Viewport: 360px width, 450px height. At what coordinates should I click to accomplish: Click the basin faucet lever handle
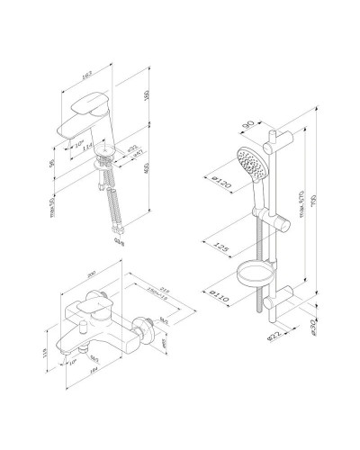[x=90, y=101]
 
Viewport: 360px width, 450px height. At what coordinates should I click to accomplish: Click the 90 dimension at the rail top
[x=252, y=114]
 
